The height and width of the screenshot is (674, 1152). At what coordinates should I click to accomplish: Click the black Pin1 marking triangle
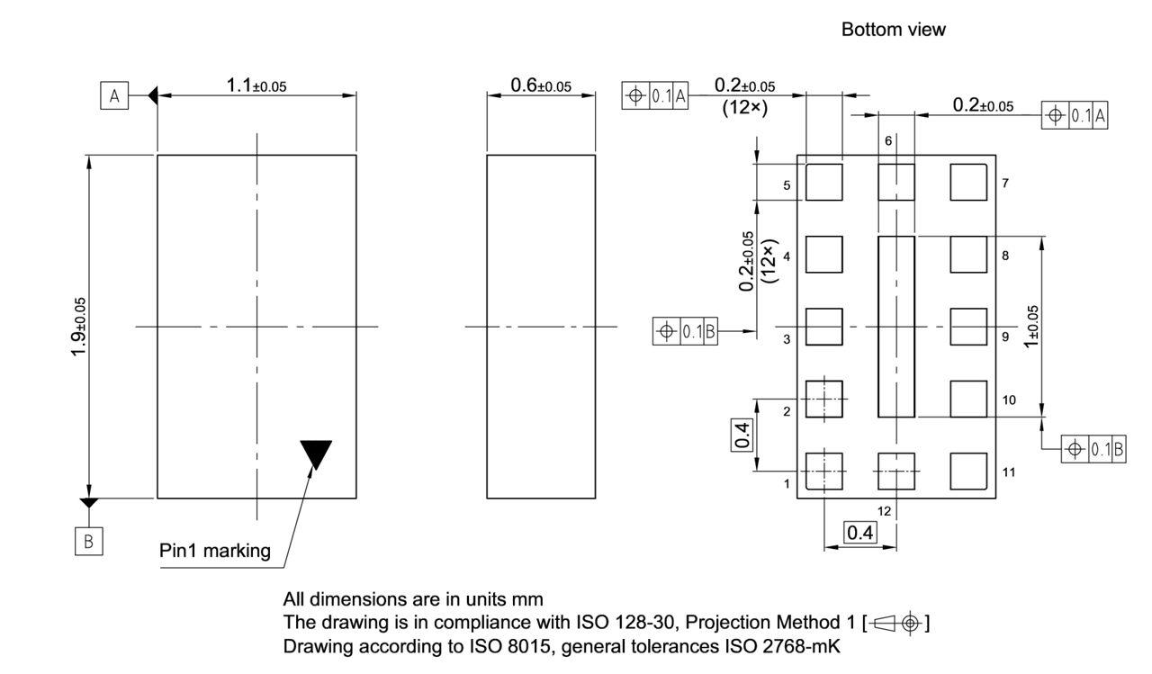[316, 453]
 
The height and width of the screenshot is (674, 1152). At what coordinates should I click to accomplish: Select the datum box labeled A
[114, 95]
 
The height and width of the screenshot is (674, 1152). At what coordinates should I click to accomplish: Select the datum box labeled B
[88, 541]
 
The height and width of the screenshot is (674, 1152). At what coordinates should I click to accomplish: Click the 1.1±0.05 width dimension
[256, 85]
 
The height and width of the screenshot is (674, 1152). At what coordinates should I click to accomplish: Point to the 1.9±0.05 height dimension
[80, 326]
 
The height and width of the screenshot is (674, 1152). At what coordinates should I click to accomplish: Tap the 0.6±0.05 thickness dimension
[540, 85]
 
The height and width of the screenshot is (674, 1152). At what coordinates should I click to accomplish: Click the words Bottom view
[893, 30]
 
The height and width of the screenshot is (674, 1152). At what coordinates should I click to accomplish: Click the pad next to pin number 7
[968, 182]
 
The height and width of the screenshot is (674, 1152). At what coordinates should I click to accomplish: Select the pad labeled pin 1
[823, 471]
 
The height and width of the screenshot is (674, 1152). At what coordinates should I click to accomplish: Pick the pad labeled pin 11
[968, 471]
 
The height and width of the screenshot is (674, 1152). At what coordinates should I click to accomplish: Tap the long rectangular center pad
[895, 327]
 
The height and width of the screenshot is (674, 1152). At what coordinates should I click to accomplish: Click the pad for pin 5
[823, 182]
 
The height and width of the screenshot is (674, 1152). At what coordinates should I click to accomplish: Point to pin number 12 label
[884, 511]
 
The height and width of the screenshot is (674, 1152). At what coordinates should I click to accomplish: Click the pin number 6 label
[888, 141]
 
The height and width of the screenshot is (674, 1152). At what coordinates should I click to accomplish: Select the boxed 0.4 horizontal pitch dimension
[859, 534]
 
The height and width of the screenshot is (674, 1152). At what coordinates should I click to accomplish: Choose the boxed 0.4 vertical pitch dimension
[742, 435]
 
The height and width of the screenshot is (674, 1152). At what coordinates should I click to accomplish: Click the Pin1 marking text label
[214, 551]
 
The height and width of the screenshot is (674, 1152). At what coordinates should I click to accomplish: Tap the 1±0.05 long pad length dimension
[1032, 326]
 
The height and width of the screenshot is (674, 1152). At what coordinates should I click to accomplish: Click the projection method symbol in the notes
[897, 623]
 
